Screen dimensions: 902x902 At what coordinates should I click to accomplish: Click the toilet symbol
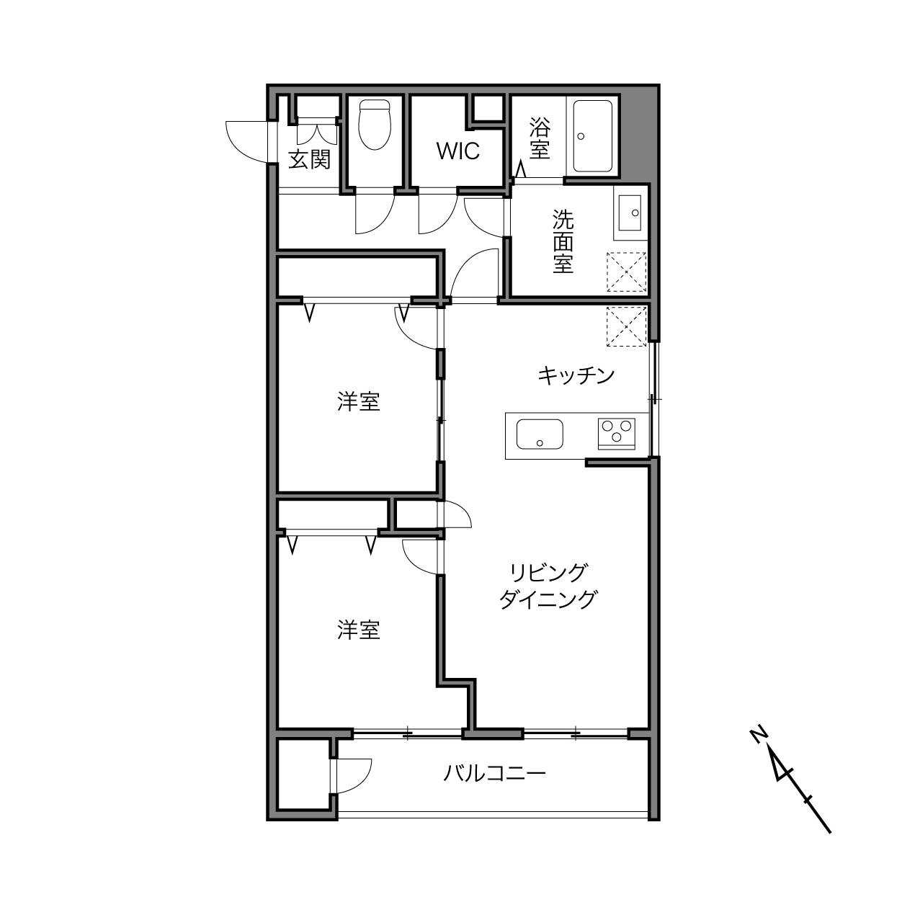375,125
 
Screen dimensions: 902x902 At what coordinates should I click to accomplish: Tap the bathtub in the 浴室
593,136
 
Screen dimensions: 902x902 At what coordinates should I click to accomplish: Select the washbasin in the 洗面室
630,213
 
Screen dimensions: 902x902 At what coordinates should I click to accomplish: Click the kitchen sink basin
540,434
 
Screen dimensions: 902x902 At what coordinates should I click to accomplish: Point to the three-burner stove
617,433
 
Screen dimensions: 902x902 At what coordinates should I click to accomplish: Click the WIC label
457,151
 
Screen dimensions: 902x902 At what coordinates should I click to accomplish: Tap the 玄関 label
309,160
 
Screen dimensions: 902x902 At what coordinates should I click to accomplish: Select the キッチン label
576,376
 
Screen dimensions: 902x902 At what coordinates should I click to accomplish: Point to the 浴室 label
540,138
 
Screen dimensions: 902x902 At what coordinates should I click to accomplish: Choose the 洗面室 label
563,241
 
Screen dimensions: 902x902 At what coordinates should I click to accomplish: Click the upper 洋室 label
359,401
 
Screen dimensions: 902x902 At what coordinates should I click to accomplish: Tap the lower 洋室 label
359,630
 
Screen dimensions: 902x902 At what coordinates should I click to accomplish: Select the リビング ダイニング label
548,586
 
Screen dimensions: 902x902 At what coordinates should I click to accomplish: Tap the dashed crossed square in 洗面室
626,272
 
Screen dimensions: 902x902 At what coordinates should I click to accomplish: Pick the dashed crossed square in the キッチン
626,326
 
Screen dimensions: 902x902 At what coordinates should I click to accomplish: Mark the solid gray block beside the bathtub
640,135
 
